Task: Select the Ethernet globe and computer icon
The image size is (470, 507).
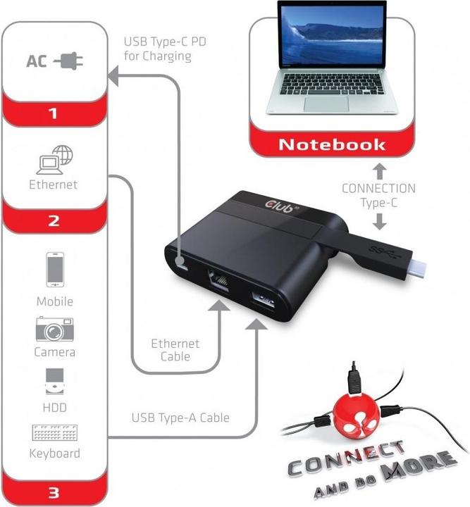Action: point(54,161)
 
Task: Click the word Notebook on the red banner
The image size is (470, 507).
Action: point(332,145)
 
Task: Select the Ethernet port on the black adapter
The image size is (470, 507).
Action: point(221,280)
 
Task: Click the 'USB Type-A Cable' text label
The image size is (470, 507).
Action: point(181,418)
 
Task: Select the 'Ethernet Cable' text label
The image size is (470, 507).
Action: point(175,350)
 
